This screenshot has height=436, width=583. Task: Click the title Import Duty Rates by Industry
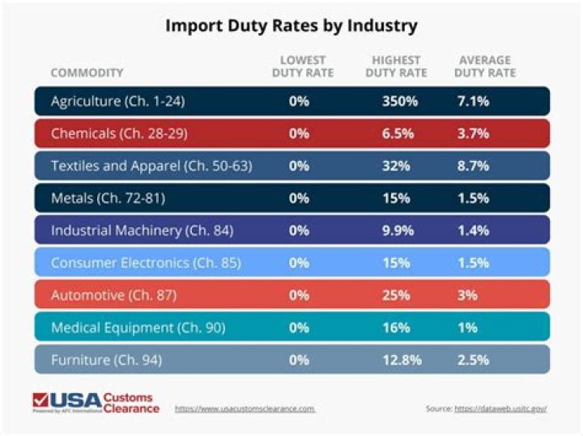pyautogui.click(x=291, y=25)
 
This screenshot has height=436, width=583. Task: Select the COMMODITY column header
pyautogui.click(x=87, y=73)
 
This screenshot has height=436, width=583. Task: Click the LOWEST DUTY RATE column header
pyautogui.click(x=303, y=67)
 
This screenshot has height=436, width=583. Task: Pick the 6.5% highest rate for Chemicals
pyautogui.click(x=398, y=133)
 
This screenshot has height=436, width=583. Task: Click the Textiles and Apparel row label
pyautogui.click(x=151, y=166)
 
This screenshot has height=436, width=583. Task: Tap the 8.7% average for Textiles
pyautogui.click(x=473, y=166)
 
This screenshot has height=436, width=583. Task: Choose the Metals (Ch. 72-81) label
pyautogui.click(x=103, y=198)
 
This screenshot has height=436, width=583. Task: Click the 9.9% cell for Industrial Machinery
pyautogui.click(x=398, y=231)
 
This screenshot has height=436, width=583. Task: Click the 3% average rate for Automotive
pyautogui.click(x=466, y=295)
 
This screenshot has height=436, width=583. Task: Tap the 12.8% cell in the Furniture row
pyautogui.click(x=398, y=360)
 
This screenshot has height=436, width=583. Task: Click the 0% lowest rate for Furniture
pyautogui.click(x=300, y=360)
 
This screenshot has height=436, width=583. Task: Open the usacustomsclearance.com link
pyautogui.click(x=245, y=408)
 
